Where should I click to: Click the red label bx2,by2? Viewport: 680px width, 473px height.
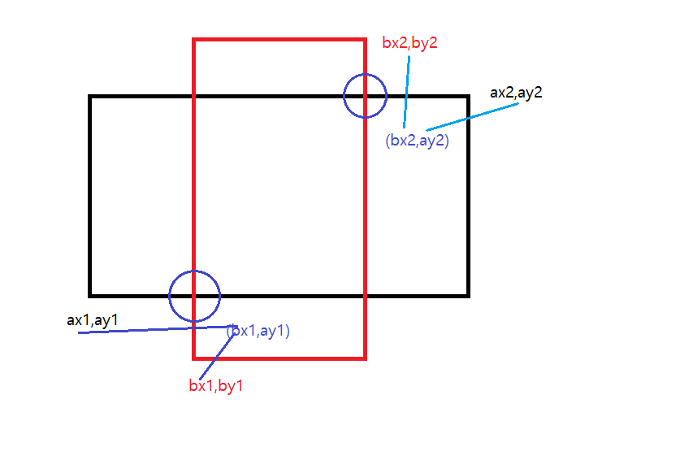409,43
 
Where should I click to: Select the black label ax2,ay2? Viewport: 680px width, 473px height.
516,92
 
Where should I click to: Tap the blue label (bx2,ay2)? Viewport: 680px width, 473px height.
417,140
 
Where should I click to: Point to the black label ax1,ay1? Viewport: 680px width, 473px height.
93,320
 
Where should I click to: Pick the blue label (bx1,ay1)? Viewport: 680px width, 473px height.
259,331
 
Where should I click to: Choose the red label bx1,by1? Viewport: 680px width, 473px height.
216,386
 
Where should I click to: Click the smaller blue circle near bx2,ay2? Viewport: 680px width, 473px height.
365,95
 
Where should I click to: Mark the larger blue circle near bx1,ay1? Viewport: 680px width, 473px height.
194,296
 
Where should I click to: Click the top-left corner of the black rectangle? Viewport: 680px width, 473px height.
91,98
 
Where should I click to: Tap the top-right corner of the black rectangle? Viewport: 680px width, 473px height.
468,98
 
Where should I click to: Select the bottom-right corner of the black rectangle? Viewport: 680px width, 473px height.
468,294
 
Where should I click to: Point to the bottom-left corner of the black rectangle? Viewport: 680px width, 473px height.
91,294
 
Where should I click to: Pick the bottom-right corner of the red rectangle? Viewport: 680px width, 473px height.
365,357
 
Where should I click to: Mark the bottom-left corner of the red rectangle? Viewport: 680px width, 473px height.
194,357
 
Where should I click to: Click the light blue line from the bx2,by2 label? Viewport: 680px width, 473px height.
407,89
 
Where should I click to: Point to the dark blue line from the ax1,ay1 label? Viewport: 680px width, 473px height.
154,330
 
